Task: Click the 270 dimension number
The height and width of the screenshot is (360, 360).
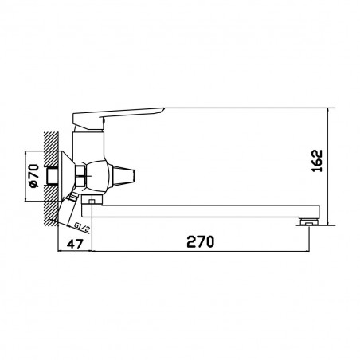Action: pos(201,241)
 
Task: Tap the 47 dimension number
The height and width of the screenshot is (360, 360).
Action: pos(75,244)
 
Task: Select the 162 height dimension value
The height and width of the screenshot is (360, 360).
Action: pos(317,161)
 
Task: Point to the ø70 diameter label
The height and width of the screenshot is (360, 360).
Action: pos(34,176)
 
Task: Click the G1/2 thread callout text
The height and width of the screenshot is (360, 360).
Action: pos(82,228)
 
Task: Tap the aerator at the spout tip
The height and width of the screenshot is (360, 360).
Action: pos(307,221)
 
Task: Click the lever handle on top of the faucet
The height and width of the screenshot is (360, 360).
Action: pos(118,117)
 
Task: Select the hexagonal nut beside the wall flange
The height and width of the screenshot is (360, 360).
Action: pos(80,176)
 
